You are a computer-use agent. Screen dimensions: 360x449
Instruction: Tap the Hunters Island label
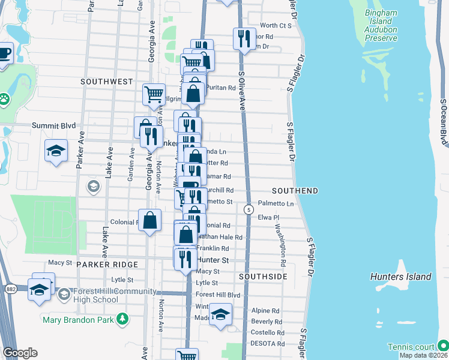(401, 277)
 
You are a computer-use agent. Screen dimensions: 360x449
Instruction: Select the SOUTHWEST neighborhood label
(106, 81)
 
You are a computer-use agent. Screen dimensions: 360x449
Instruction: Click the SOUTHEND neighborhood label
(295, 190)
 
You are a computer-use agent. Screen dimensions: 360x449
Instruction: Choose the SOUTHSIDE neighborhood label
(262, 277)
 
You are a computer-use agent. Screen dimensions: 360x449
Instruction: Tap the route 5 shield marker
(248, 209)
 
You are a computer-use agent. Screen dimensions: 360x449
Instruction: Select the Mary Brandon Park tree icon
(122, 318)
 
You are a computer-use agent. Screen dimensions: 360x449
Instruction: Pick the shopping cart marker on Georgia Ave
(154, 94)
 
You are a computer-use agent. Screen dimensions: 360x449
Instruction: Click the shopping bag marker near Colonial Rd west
(149, 220)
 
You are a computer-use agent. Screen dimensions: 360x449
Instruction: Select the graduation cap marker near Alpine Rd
(220, 315)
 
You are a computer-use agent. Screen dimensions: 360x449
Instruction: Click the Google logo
(20, 353)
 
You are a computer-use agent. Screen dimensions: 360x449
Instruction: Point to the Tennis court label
(411, 347)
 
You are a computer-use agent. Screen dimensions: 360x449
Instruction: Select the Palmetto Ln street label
(276, 204)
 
